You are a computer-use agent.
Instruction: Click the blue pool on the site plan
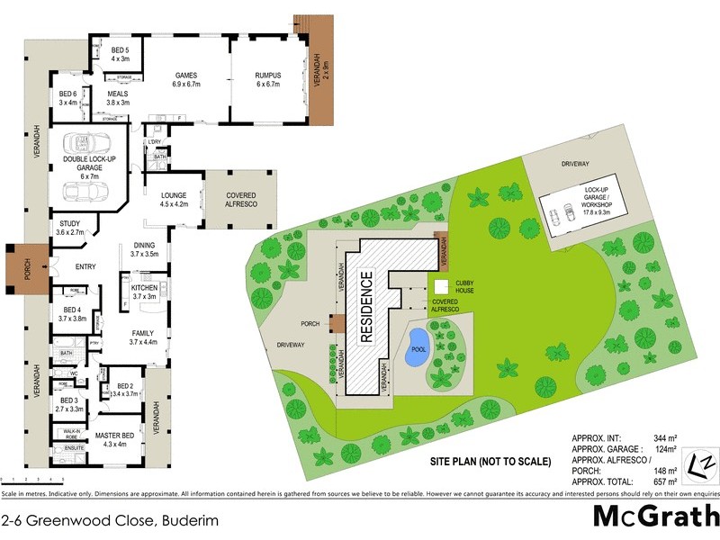pyautogui.click(x=416, y=355)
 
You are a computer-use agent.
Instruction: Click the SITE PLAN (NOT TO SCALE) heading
pyautogui.click(x=490, y=462)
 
